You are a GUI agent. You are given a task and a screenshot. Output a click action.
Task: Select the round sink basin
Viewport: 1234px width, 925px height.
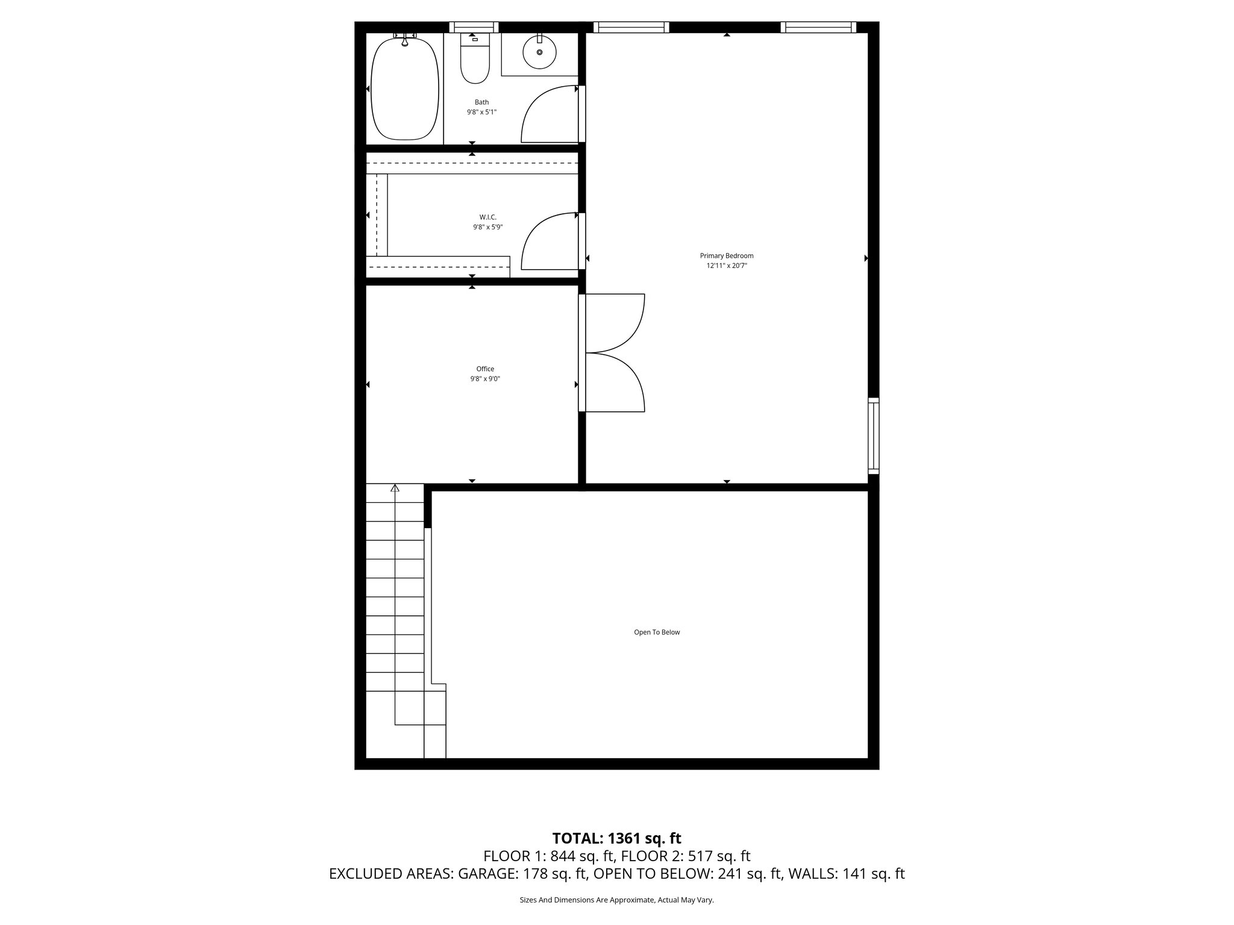(539, 53)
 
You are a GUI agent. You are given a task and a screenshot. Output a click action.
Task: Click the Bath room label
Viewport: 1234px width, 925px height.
(481, 102)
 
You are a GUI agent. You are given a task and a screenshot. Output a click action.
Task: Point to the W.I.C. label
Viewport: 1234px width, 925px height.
(487, 217)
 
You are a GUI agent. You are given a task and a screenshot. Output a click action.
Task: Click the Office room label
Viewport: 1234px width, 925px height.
(485, 369)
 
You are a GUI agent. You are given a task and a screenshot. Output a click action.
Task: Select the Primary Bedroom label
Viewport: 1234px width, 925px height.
(726, 256)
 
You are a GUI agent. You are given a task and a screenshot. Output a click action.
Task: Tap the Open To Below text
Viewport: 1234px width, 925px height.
(656, 632)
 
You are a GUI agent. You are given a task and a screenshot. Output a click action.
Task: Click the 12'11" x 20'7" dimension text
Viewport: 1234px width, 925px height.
(727, 266)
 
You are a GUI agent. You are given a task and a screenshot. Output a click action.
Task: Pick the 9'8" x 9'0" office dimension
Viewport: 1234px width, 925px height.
(485, 379)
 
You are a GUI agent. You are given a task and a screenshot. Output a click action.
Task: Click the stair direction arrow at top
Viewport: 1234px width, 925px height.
(395, 488)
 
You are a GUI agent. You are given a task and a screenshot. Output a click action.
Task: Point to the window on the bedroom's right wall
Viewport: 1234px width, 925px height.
(873, 435)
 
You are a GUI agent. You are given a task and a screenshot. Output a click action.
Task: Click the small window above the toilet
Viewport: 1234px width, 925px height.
(474, 27)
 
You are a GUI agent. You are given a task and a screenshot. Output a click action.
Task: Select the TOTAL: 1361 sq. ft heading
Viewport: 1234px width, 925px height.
(616, 838)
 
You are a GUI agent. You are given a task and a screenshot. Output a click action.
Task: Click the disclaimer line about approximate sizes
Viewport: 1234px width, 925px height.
(616, 900)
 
